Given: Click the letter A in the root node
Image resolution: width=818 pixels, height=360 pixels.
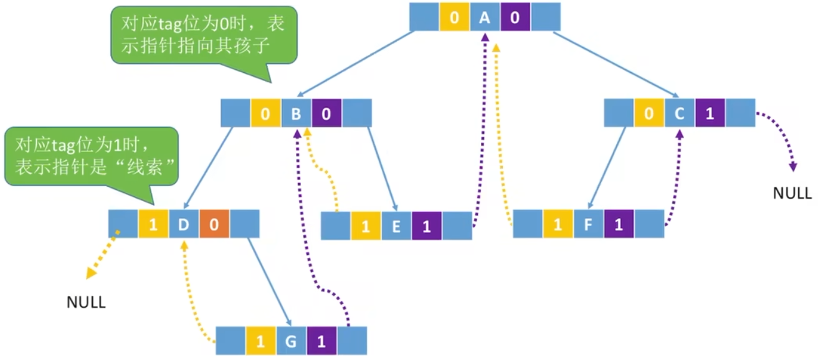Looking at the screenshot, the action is pos(485,17).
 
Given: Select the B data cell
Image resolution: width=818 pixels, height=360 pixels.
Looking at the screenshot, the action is pos(296,113).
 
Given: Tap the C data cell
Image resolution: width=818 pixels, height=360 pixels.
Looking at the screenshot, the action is pos(680,113).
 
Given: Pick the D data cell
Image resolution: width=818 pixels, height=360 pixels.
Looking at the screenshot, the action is pos(184,224).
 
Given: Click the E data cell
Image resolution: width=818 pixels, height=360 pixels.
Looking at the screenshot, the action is pos(396,226).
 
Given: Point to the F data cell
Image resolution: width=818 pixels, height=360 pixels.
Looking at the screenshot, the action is pos(589,224).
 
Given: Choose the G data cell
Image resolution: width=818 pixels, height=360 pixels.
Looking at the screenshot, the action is pos(291,341).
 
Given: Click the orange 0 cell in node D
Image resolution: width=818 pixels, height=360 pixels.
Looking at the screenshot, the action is pos(214,224).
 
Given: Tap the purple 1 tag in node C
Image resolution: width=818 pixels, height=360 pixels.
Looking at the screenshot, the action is pos(710,113).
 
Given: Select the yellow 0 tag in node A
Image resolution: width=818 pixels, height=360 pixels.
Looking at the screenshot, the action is pos(454,17).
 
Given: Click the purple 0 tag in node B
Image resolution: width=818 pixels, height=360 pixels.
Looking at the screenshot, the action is pos(326,113).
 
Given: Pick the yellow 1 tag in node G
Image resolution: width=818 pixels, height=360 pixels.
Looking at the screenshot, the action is pos(260,341).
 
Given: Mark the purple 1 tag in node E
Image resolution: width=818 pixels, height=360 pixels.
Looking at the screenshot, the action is pos(427,226).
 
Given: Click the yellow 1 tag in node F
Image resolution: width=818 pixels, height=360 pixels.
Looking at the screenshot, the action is pos(558,224).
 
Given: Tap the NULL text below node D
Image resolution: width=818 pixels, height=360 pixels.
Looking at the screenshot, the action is pos(86,302).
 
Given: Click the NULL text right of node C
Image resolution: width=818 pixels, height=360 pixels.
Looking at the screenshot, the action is pos(792,193).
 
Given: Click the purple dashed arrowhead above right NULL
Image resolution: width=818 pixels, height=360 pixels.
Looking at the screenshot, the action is pos(793,167).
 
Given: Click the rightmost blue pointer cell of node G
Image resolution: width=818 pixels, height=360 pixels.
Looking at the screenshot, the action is pos(352,341).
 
